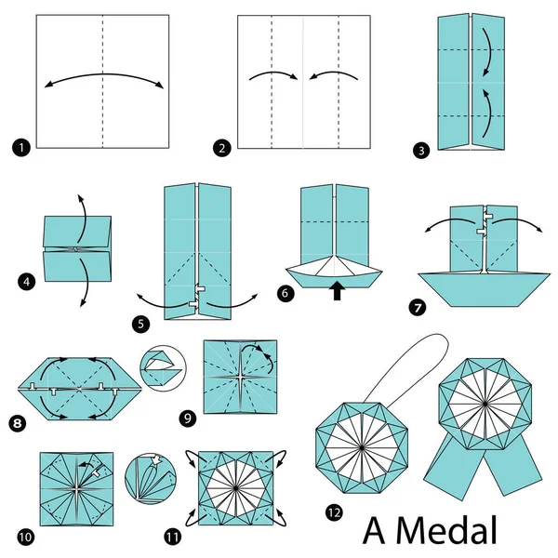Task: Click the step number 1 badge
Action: click(x=20, y=147)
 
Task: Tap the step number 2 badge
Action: click(x=222, y=147)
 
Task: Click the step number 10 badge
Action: click(x=25, y=536)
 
